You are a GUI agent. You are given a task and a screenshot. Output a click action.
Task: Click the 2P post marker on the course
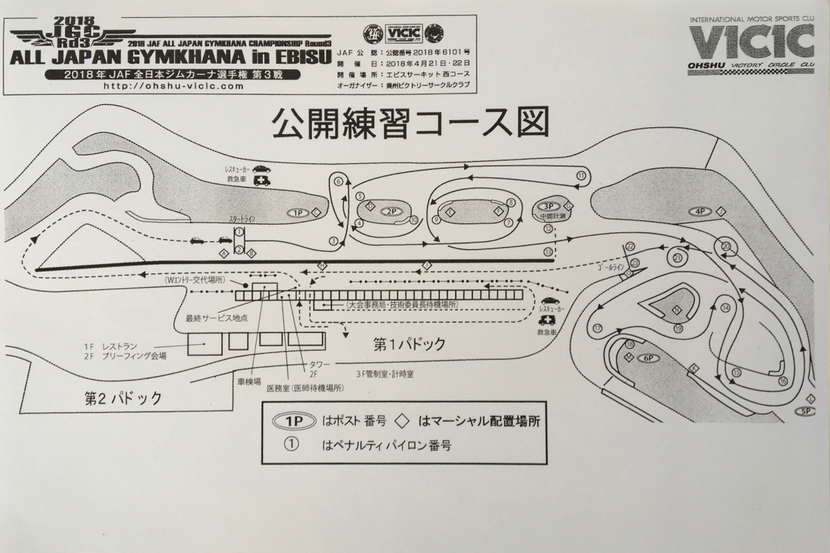[x=391, y=211]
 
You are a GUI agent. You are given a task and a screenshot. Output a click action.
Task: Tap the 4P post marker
[x=699, y=211]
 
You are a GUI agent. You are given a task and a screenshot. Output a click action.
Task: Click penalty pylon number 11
[x=581, y=176]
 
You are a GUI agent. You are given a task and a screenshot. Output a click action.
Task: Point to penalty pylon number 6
[x=338, y=182]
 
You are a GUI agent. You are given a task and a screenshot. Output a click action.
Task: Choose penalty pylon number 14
[x=725, y=308]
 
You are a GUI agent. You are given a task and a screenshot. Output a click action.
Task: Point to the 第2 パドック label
[x=122, y=398]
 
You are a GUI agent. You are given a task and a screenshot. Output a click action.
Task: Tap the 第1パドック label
[x=409, y=343]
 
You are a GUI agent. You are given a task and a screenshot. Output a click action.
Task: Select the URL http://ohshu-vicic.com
[x=173, y=87]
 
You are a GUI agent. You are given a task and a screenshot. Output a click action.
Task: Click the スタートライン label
[x=242, y=218]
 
